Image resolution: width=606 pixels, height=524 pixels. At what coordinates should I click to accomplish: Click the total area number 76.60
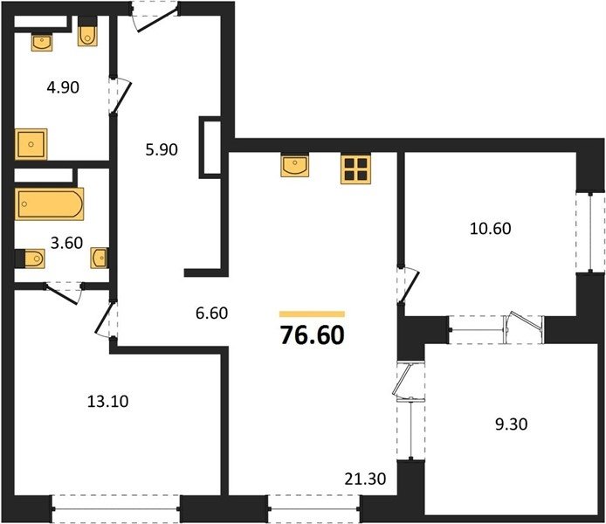[x=313, y=335]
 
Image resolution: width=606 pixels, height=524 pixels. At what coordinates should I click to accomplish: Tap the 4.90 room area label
[x=63, y=87]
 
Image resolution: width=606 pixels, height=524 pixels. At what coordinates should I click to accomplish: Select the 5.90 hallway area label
[x=162, y=149]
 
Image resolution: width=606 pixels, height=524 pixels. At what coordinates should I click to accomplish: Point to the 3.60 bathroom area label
[x=67, y=243]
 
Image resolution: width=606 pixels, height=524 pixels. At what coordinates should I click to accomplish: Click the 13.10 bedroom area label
[x=107, y=402]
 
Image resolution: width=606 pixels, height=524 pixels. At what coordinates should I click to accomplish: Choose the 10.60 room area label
[x=491, y=229]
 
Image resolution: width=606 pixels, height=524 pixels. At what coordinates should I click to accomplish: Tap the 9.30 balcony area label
[x=511, y=424]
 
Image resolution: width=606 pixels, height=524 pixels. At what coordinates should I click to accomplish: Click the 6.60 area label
[x=212, y=313]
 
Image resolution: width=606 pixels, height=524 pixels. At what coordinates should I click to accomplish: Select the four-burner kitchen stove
[x=355, y=169]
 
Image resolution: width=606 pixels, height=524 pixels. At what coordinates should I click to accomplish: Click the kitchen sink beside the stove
[x=295, y=166]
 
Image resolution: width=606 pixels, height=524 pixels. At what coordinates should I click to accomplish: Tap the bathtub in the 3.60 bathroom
[x=49, y=203]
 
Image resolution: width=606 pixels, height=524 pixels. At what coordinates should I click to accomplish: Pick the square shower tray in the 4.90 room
[x=31, y=144]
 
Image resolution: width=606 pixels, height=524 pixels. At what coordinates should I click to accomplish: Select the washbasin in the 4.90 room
[x=42, y=43]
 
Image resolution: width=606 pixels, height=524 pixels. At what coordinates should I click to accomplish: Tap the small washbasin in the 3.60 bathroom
[x=100, y=258]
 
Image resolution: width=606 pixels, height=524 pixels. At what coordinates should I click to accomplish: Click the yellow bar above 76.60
[x=312, y=314]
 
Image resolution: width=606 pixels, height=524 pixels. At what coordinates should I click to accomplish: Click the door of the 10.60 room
[x=409, y=286]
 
